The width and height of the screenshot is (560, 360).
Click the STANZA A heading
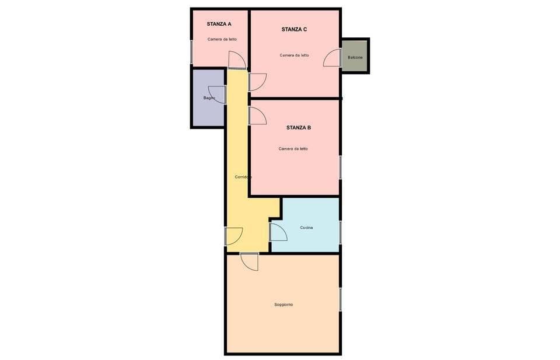click(219, 24)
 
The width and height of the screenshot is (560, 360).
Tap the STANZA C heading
click(294, 29)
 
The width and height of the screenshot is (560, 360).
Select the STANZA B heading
click(298, 127)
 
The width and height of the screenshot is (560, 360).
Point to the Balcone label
click(355, 57)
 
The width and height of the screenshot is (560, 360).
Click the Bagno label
click(209, 97)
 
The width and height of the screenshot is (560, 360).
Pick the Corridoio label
click(243, 177)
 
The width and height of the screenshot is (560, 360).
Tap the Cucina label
click(306, 227)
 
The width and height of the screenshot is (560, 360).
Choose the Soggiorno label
click(283, 305)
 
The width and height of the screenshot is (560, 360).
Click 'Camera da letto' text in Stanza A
click(222, 39)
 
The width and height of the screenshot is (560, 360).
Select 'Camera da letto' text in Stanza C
click(294, 55)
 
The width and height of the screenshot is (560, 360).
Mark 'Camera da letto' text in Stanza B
click(293, 149)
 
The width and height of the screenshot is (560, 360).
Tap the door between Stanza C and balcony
click(332, 57)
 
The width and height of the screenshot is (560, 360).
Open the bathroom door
click(217, 95)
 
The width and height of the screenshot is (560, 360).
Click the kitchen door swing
click(278, 232)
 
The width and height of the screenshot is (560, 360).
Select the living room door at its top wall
click(249, 261)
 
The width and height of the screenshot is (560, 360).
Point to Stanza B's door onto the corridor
click(257, 116)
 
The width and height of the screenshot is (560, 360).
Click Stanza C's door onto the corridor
click(257, 82)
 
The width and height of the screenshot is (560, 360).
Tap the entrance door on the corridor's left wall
click(233, 236)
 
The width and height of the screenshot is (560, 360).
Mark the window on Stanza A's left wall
click(191, 51)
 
